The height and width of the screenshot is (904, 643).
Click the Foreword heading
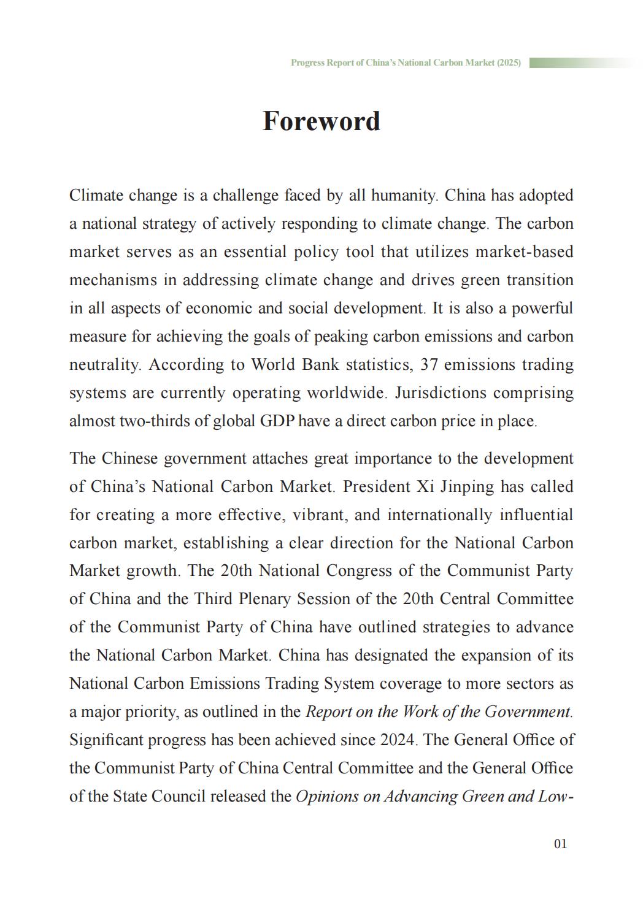(321, 121)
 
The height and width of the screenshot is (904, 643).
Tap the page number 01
(560, 844)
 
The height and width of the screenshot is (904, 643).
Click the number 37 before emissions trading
(429, 365)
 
